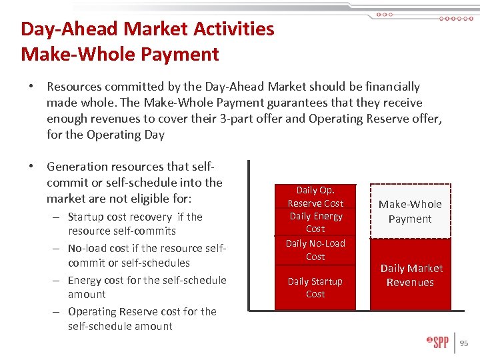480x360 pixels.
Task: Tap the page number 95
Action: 464,343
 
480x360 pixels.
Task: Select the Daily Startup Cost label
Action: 315,287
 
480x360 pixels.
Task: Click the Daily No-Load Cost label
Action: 315,250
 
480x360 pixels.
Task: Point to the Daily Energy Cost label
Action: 315,222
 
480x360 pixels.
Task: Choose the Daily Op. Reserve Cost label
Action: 315,197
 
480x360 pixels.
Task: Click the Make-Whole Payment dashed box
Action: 410,211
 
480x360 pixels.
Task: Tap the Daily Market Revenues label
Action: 411,275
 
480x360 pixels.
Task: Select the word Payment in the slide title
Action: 179,54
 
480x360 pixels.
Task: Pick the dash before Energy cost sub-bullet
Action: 53,280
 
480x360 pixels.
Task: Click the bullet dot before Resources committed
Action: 32,87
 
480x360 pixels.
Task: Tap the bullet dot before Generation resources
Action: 32,167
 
